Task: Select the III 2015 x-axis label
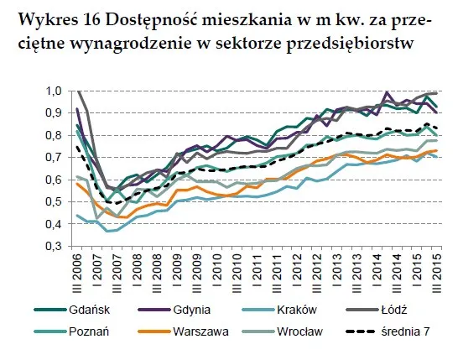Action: pyautogui.click(x=438, y=274)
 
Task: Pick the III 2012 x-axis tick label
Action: pyautogui.click(x=317, y=274)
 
